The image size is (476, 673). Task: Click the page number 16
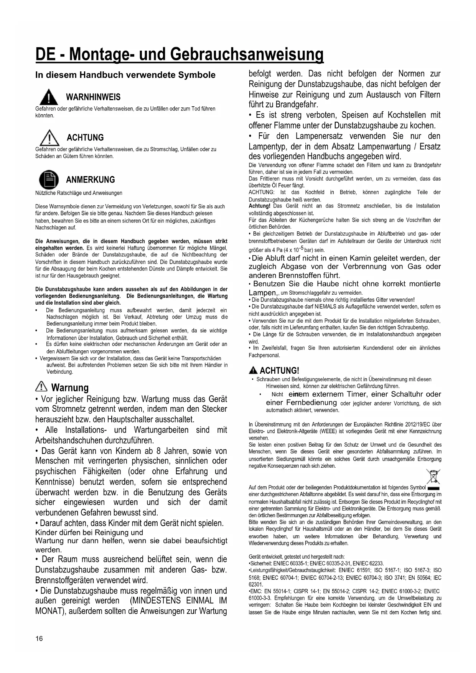point(39,638)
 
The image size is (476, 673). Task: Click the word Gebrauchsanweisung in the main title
point(247,54)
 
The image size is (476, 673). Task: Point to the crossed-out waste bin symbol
point(433,477)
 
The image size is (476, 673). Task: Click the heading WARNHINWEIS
point(93,97)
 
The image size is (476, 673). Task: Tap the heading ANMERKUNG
point(91,180)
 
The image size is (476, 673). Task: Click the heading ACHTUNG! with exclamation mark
point(279,370)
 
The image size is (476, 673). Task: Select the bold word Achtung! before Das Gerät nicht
point(260,206)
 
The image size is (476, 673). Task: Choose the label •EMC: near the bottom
point(256,591)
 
